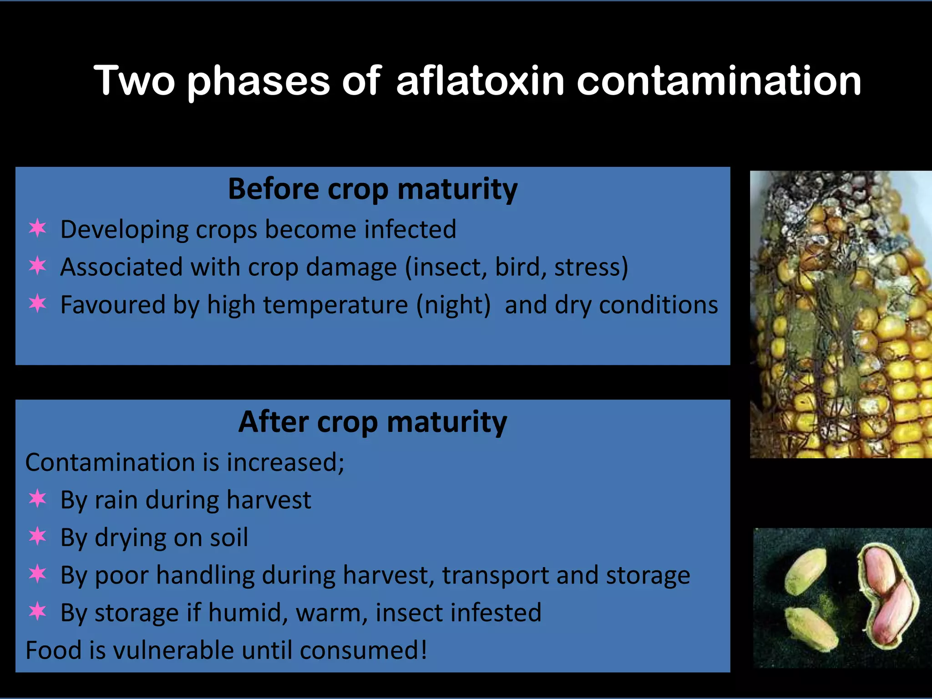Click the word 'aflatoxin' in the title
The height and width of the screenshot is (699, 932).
[480, 81]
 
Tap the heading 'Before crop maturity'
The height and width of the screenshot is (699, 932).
[373, 189]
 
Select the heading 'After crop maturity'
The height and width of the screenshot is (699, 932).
[373, 422]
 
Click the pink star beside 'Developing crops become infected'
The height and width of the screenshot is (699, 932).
[37, 228]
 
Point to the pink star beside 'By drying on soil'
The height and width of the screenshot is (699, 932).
[37, 537]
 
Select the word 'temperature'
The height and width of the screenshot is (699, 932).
[335, 305]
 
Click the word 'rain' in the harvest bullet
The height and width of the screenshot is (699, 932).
[116, 500]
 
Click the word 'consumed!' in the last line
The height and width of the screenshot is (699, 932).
[364, 650]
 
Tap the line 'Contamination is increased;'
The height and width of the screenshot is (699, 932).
[185, 462]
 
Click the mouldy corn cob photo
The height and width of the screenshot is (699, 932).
[841, 314]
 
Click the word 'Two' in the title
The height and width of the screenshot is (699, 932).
[134, 81]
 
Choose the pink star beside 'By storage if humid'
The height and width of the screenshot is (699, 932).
[37, 612]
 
